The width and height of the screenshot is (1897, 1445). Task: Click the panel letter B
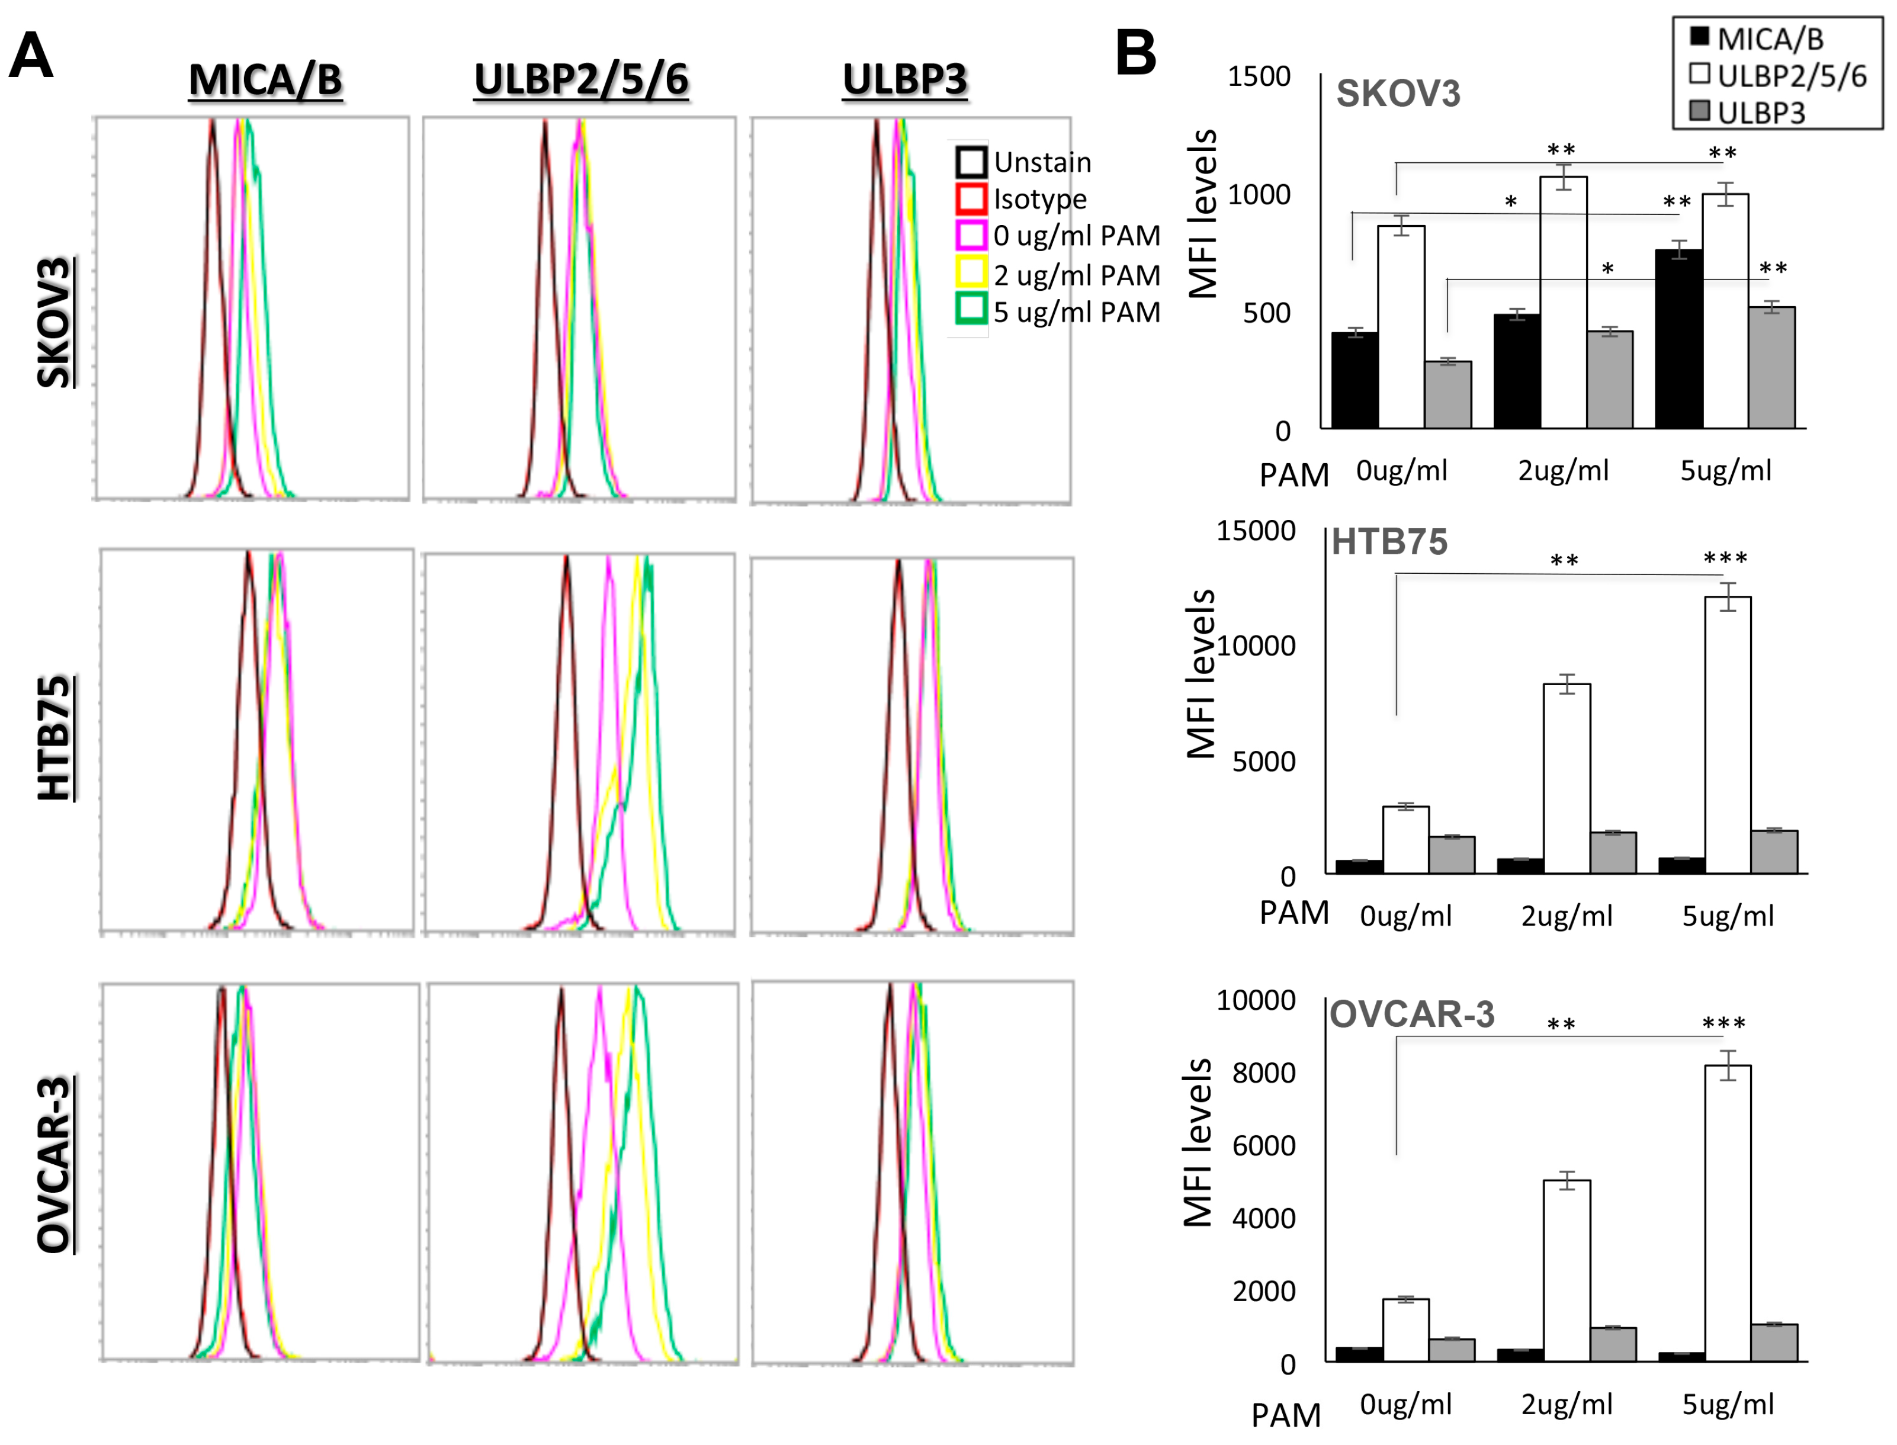coord(1135,53)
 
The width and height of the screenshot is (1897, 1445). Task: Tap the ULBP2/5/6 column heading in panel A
coord(582,79)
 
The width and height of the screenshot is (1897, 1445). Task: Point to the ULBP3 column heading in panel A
coord(904,79)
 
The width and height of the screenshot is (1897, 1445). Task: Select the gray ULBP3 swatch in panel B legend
coord(1699,111)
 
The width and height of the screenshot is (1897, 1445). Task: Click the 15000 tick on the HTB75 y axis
coord(1256,531)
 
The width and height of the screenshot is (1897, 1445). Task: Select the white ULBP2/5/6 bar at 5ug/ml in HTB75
coord(1727,736)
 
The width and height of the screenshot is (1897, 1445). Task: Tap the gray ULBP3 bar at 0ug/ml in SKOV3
coord(1448,395)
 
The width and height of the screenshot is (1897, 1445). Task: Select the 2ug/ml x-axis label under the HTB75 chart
coord(1567,916)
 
